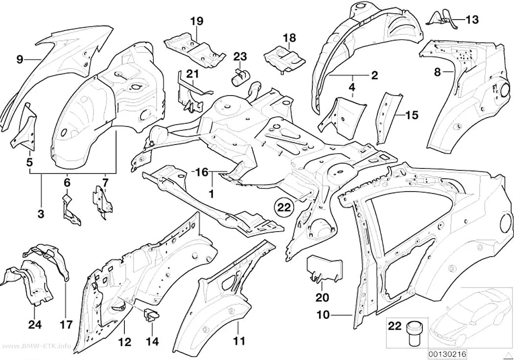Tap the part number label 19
[x=197, y=22]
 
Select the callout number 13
[x=472, y=20]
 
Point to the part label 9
[x=20, y=59]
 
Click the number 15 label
[x=412, y=115]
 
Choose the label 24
[x=35, y=324]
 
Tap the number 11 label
[x=239, y=341]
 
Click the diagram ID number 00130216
[x=447, y=354]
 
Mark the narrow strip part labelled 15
[x=389, y=118]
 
